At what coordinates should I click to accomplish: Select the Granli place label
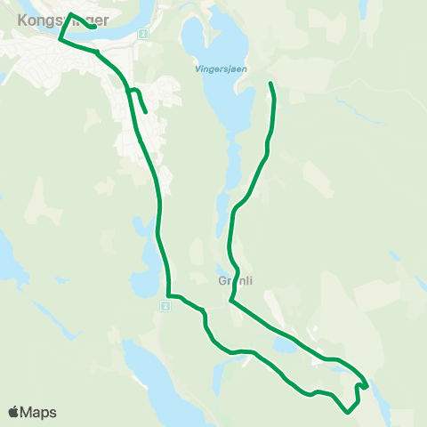click(236, 278)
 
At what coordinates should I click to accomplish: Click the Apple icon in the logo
click(14, 412)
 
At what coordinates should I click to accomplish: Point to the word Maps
click(39, 412)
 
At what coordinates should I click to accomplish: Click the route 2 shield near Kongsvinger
click(142, 33)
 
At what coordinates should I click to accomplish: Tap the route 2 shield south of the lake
click(165, 305)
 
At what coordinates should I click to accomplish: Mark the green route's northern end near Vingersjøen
click(270, 84)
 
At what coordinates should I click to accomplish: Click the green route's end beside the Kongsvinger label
click(94, 27)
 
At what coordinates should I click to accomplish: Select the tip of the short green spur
click(145, 113)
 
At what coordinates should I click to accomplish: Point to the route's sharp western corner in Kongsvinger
click(59, 40)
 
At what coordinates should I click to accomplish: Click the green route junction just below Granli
click(231, 301)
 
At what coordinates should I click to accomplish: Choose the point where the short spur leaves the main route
click(131, 92)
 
